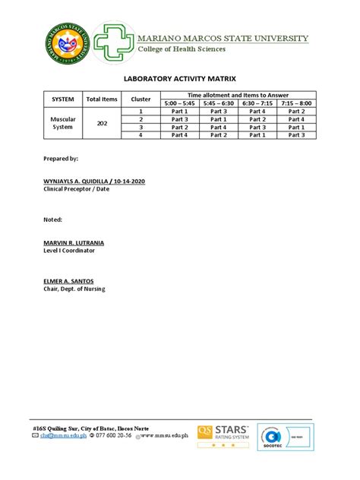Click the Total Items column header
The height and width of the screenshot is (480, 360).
[102, 99]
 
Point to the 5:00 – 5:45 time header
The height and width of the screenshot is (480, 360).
[179, 103]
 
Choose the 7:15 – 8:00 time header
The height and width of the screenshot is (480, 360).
[296, 103]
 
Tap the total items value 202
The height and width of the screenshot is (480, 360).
[102, 123]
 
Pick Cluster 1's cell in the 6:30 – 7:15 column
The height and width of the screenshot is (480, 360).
[257, 112]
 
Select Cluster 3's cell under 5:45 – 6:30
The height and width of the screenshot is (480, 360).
[219, 128]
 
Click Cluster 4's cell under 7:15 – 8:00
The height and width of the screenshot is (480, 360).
[296, 135]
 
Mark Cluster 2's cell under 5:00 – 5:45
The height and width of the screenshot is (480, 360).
[179, 119]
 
